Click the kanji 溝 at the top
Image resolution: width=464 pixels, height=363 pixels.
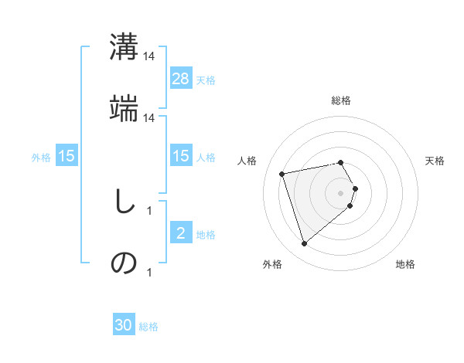tap(125, 47)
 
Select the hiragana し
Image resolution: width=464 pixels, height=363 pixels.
tap(123, 202)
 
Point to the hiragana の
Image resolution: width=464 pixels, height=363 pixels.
tap(124, 263)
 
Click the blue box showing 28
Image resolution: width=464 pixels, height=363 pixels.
tap(181, 78)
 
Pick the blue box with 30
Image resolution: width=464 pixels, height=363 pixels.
tap(124, 325)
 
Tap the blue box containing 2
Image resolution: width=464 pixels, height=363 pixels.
tap(181, 232)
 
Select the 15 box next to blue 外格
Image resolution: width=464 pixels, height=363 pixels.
tap(67, 156)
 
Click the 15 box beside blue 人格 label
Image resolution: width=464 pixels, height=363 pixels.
tap(181, 155)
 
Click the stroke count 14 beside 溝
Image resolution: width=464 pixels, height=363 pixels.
tap(149, 56)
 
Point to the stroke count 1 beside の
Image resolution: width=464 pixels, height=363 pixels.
tap(148, 272)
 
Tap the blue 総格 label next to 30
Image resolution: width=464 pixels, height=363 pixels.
tap(148, 327)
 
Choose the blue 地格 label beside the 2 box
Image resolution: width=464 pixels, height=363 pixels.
tap(206, 234)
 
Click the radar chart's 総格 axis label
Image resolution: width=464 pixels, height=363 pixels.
tap(341, 100)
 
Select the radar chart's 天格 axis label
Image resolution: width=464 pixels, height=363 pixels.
tap(435, 161)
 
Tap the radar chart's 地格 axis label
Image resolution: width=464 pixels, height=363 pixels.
tap(405, 264)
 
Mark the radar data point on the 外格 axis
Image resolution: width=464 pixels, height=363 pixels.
tap(304, 244)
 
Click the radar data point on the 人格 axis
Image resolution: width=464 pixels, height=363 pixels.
tap(282, 173)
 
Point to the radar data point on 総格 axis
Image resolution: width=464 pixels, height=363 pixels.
tap(341, 162)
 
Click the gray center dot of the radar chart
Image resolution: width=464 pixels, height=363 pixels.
tap(341, 192)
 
